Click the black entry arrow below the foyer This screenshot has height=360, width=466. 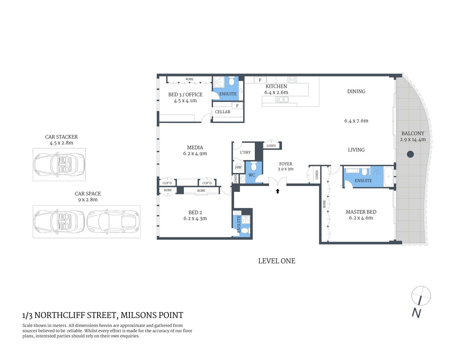coord(278,191)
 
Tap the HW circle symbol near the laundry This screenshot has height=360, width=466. coord(238,168)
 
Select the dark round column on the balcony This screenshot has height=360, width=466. coord(410,154)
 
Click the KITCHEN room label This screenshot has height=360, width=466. coord(276,86)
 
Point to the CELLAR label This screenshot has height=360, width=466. coord(222,112)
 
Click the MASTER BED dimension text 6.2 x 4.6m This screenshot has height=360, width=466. coord(361,218)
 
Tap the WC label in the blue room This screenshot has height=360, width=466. coord(251,175)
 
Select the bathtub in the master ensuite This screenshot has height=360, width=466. coord(389,176)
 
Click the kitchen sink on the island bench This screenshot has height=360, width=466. coord(281,99)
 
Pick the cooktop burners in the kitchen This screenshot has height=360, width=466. coord(292,79)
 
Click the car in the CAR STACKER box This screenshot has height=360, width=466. coord(59,164)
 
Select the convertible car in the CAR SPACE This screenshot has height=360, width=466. coord(59,221)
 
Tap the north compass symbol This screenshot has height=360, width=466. coord(421,296)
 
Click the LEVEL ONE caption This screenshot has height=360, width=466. coord(277,261)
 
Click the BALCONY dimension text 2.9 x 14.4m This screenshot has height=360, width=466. coord(413,139)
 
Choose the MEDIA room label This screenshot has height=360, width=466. coord(195,147)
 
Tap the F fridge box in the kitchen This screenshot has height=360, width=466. coord(260,80)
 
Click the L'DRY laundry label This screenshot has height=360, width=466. coord(245,152)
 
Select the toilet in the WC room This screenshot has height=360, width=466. coord(254,166)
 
